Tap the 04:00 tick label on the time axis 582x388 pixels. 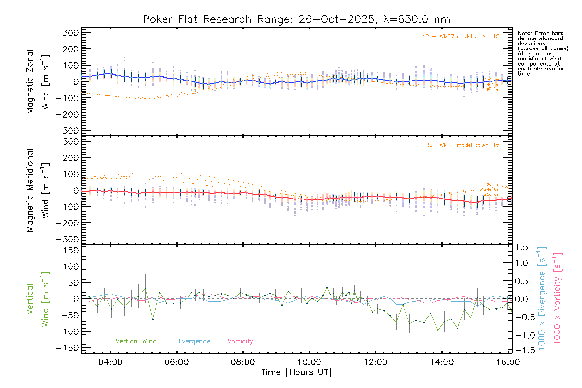click(x=110, y=362)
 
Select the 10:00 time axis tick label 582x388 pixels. click(x=309, y=362)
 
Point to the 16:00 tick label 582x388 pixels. click(x=508, y=362)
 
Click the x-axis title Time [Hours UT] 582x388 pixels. click(x=296, y=372)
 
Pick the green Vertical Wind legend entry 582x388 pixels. click(x=136, y=341)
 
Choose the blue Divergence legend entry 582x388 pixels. click(x=193, y=341)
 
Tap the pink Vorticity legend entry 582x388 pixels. click(x=240, y=341)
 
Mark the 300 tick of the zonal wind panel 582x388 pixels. click(x=70, y=33)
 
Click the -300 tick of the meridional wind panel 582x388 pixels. click(x=67, y=239)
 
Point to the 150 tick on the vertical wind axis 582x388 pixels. click(x=70, y=250)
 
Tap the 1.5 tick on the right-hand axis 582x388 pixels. click(x=522, y=247)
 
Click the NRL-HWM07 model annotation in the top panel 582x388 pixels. click(x=460, y=37)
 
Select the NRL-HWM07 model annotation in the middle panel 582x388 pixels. click(x=460, y=145)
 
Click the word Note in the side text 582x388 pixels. click(x=524, y=33)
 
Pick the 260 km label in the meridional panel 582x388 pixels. click(x=491, y=194)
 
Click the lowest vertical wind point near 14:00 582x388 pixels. click(x=438, y=330)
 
